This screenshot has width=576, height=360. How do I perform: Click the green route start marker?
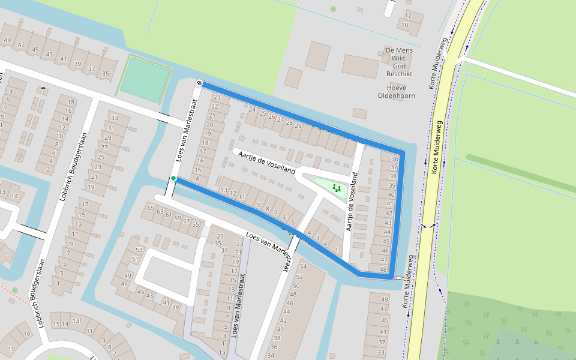click(x=173, y=178)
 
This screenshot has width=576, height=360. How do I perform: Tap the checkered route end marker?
click(x=199, y=83)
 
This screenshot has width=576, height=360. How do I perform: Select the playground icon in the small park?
click(x=337, y=188)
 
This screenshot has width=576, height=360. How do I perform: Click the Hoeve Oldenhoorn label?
click(x=396, y=91)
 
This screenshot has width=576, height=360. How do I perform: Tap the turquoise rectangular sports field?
click(x=145, y=79)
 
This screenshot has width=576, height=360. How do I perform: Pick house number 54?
click(x=303, y=266)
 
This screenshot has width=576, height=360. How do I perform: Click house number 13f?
click(x=77, y=321)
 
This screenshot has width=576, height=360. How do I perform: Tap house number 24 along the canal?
click(x=252, y=110)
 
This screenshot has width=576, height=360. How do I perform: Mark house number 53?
click(x=140, y=250)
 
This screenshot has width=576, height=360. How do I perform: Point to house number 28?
click(x=289, y=122)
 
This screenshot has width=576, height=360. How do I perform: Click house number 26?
click(x=271, y=116)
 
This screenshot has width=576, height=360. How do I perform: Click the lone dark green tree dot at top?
click(x=333, y=9)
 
